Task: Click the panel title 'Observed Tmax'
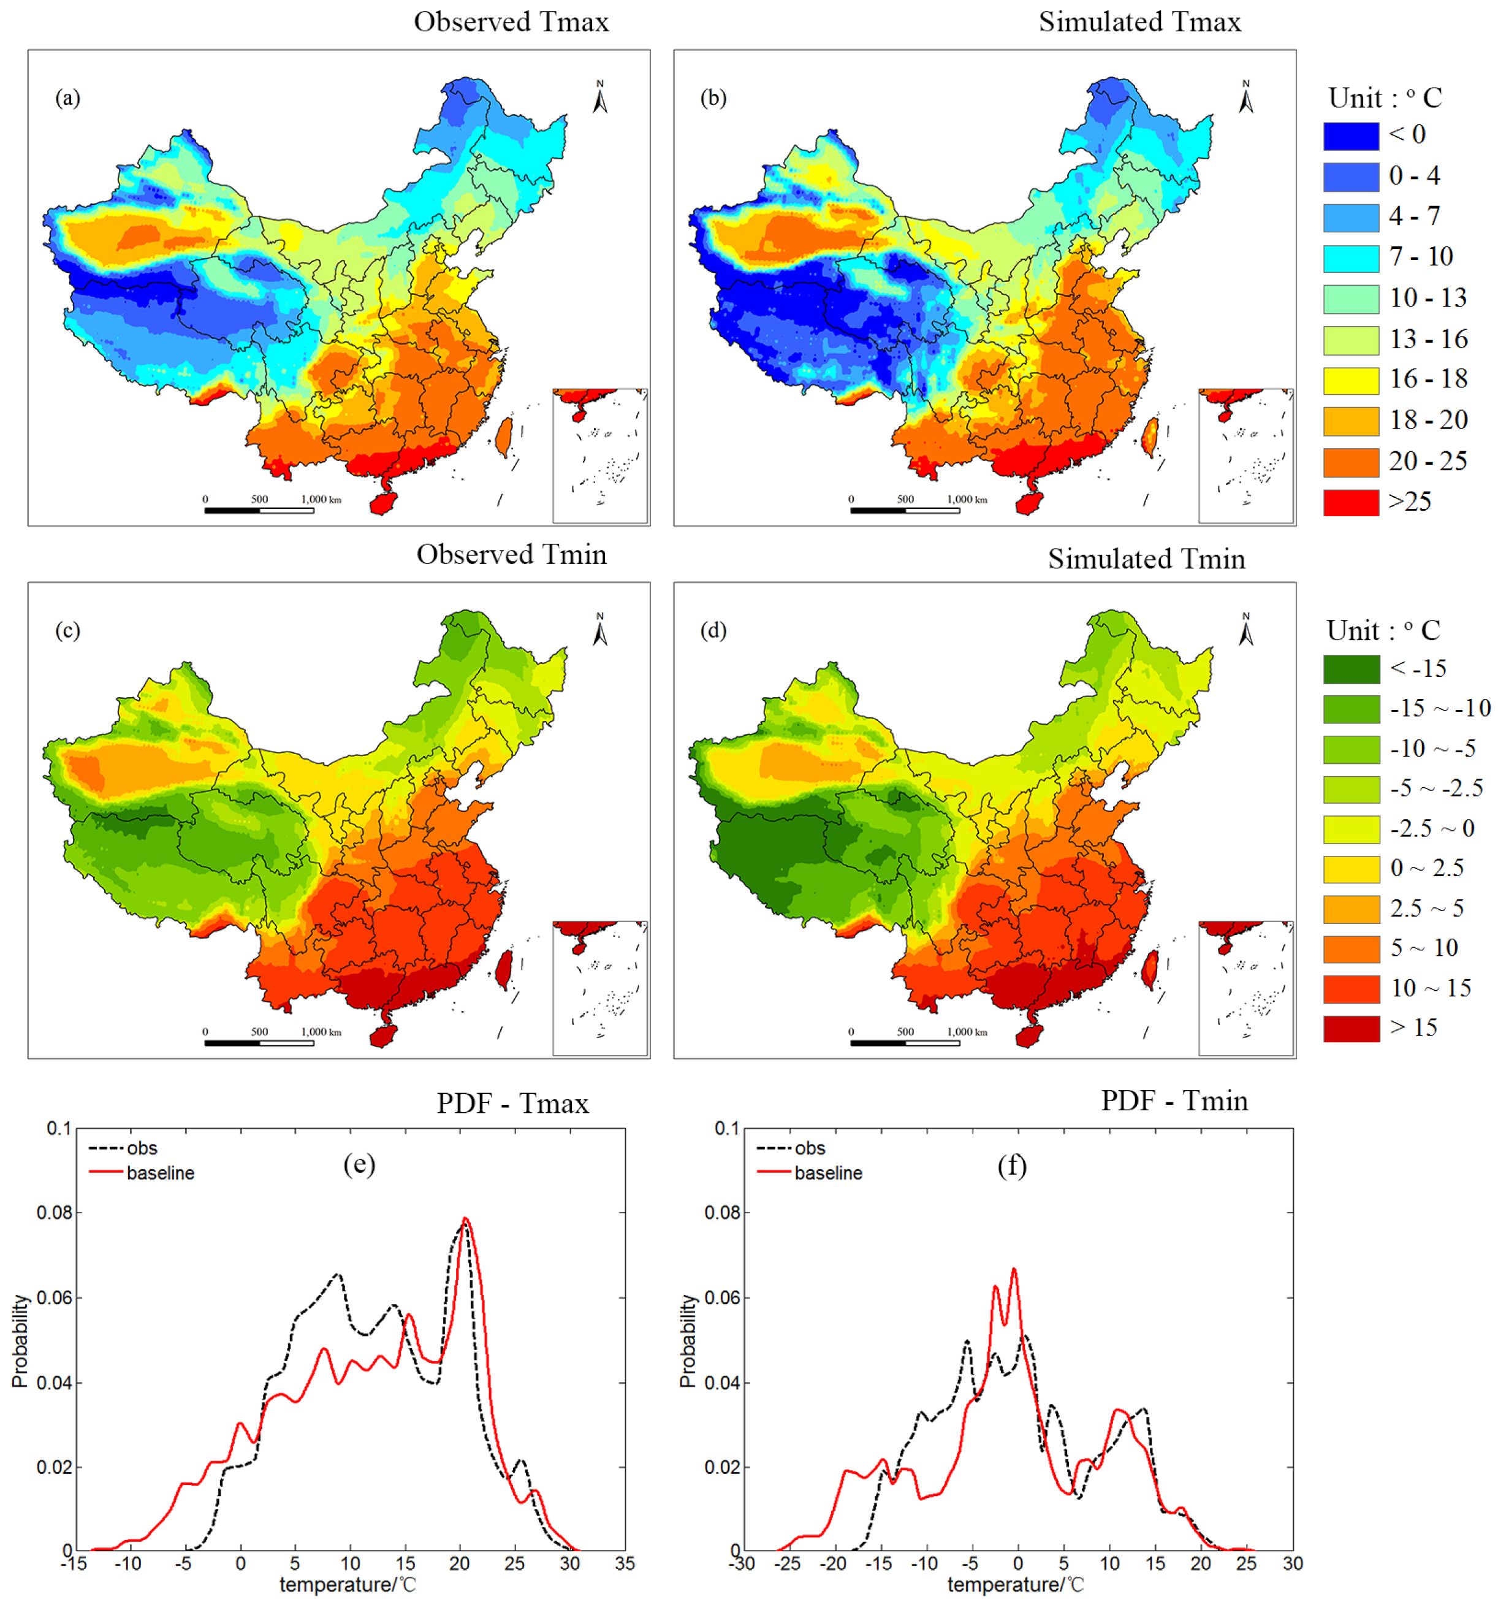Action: pyautogui.click(x=511, y=22)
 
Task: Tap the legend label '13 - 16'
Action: pyautogui.click(x=1428, y=339)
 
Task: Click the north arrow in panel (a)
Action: pyautogui.click(x=600, y=97)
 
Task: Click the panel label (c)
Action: pyautogui.click(x=67, y=630)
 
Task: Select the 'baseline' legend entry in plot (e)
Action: pyautogui.click(x=159, y=1173)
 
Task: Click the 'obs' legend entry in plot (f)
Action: pyautogui.click(x=809, y=1148)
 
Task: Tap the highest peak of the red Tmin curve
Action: pyautogui.click(x=1013, y=1269)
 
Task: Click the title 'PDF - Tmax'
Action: pyautogui.click(x=512, y=1104)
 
